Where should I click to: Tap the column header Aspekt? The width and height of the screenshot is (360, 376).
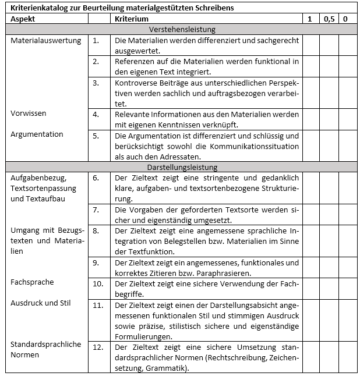click(x=23, y=19)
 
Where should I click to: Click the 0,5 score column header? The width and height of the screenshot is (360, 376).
click(x=329, y=19)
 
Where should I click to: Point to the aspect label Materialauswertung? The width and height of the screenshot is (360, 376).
click(x=45, y=41)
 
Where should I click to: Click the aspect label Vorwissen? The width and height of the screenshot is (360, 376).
click(x=29, y=113)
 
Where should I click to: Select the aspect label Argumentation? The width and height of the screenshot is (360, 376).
click(x=37, y=134)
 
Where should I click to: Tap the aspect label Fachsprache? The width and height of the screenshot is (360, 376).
click(x=32, y=282)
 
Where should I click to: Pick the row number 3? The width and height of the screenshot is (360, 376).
click(x=96, y=83)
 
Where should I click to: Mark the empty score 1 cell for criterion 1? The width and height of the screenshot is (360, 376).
click(x=310, y=45)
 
